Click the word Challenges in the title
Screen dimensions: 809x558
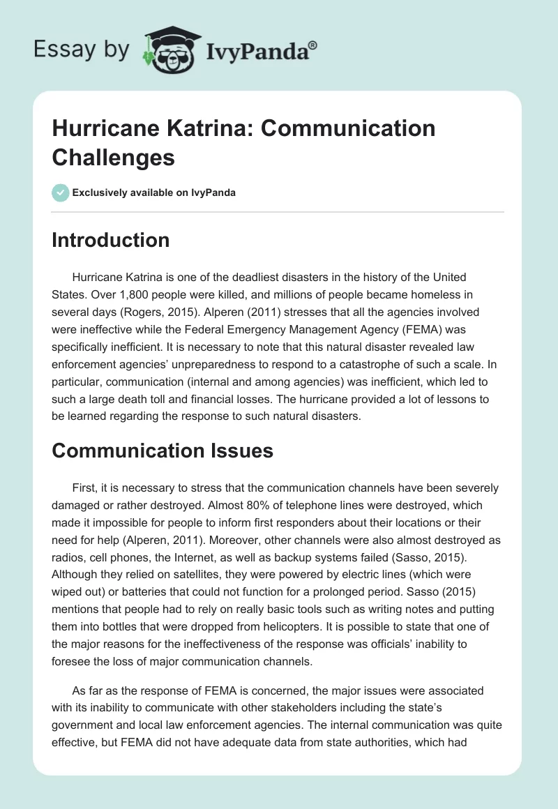(113, 157)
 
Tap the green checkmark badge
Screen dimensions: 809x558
(61, 192)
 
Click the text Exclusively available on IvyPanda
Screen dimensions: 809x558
(155, 192)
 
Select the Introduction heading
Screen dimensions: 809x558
(111, 240)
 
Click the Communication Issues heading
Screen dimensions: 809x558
(163, 451)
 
